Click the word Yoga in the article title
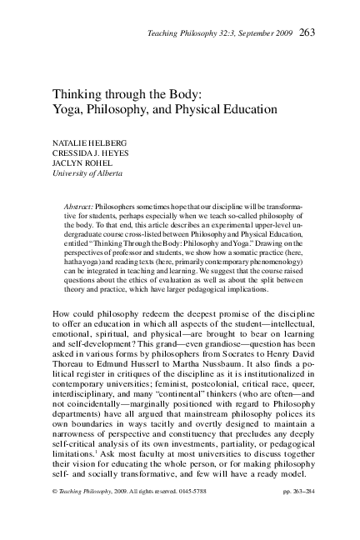pyautogui.click(x=69, y=109)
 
